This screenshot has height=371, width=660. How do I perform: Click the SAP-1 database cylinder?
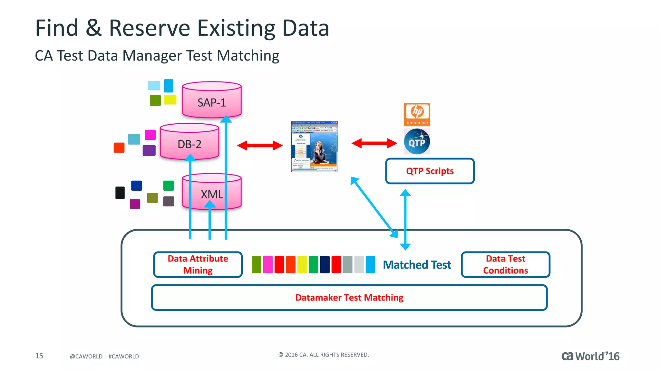point(212,100)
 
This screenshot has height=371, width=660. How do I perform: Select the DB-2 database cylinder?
point(189,142)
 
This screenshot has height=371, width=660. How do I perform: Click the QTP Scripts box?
point(430,171)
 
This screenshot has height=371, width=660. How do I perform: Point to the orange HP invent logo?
point(417,114)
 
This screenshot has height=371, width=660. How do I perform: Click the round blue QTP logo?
point(417,142)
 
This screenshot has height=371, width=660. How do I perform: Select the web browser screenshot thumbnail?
point(314,147)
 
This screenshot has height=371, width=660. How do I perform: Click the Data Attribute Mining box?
point(198,264)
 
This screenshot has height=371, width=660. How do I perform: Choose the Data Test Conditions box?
point(505,264)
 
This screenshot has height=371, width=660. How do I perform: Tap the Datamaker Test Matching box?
point(349,297)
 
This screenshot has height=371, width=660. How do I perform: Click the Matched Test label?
point(417,265)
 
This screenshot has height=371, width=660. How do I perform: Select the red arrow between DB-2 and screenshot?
point(260,145)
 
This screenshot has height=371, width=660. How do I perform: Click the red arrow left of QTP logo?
point(374,143)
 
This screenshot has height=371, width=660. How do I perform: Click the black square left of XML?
point(120,193)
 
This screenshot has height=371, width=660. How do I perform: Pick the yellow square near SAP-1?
point(170,100)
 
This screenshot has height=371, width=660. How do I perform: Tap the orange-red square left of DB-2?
point(119,147)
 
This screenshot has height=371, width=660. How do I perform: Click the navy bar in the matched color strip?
point(325,264)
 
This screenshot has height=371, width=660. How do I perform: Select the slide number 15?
point(39,356)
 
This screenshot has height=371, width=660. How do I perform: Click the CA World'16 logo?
point(590,356)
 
